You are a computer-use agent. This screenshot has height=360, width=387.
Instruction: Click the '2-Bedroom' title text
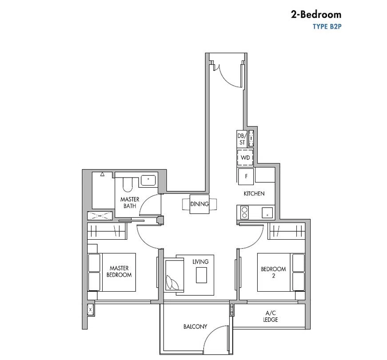click(316, 15)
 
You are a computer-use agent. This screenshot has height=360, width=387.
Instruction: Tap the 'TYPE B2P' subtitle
click(327, 27)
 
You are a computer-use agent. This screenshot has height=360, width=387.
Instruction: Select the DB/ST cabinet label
click(242, 139)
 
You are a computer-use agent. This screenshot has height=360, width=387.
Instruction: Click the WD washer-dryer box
click(245, 157)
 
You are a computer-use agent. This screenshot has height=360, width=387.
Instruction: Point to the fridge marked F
click(246, 176)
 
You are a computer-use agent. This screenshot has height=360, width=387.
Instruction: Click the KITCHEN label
click(254, 194)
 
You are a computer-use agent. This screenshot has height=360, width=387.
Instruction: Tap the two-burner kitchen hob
click(244, 213)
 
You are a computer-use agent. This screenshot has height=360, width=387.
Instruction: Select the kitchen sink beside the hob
click(267, 213)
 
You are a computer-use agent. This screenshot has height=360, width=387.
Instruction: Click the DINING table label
click(199, 204)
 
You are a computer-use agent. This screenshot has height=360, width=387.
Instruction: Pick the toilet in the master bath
click(128, 184)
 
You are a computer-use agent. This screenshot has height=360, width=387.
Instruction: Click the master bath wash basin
click(148, 180)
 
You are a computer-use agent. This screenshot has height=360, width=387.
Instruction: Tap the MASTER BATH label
click(130, 202)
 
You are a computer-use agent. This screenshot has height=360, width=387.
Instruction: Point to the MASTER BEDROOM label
click(119, 271)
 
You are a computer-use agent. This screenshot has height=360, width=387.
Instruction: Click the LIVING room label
click(200, 261)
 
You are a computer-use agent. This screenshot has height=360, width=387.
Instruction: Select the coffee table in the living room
click(201, 275)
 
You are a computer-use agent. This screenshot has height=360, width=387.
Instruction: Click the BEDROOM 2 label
click(273, 272)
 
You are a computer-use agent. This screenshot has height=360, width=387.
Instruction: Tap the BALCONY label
click(195, 327)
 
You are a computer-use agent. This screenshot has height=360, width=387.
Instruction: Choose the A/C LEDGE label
click(271, 316)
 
